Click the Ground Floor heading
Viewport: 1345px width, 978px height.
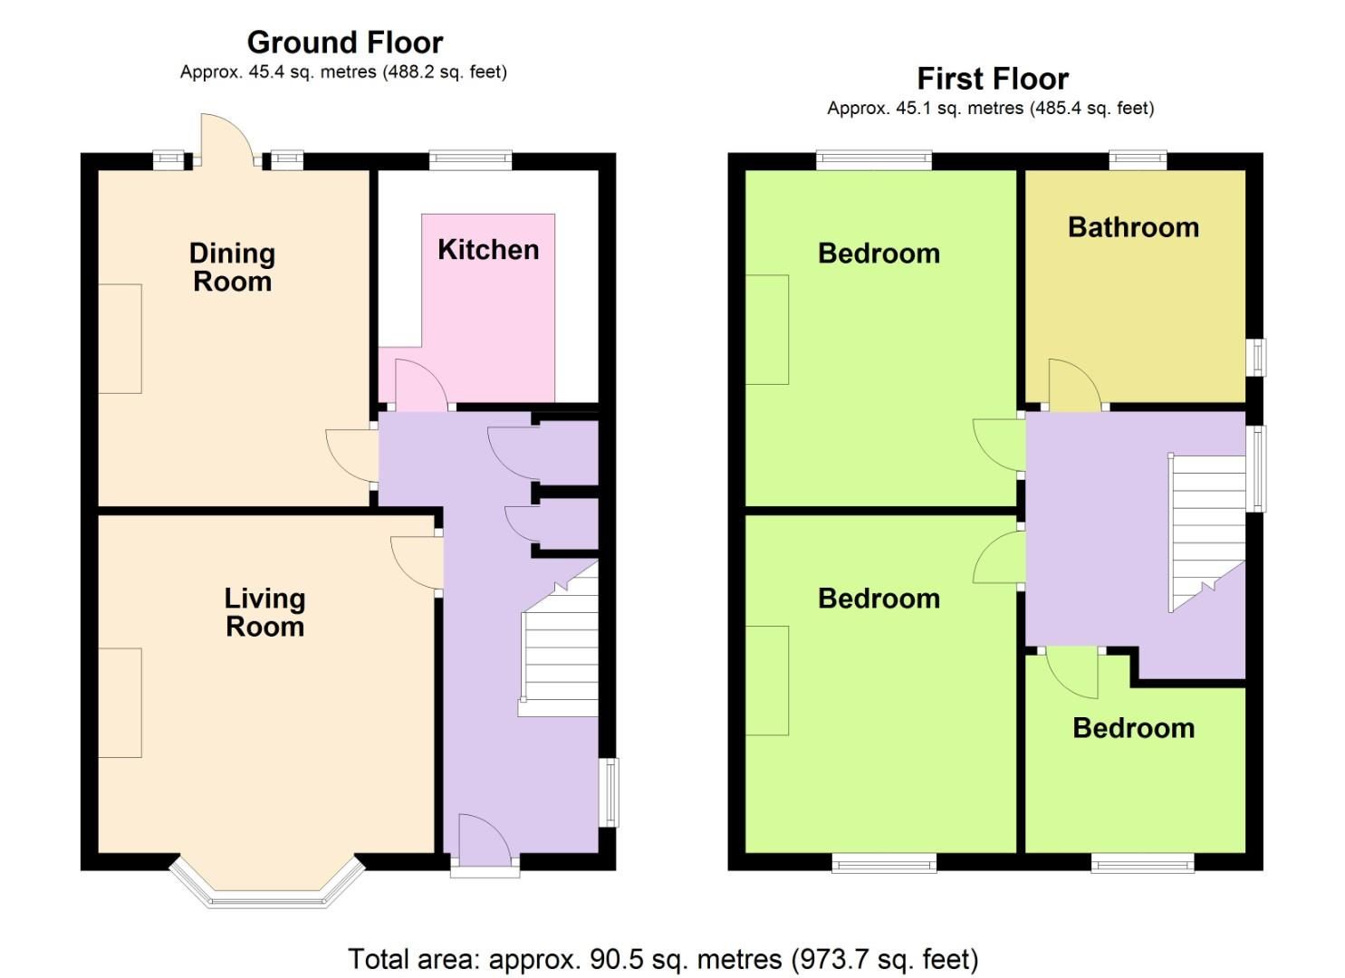coord(344,43)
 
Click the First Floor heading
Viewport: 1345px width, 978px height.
coord(992,79)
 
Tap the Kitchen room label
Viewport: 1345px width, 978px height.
coord(488,250)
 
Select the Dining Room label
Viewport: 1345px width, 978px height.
coord(232,267)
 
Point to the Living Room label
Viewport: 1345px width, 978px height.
coord(264,612)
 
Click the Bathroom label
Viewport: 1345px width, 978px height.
coord(1133,227)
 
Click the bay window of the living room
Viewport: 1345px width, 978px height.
coord(267,887)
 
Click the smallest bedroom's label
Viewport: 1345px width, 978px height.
coord(1133,728)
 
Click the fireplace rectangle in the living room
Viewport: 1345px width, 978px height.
coord(120,703)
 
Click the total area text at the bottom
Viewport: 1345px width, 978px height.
coord(663,958)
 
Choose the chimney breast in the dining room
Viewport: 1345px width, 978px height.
coord(120,339)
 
